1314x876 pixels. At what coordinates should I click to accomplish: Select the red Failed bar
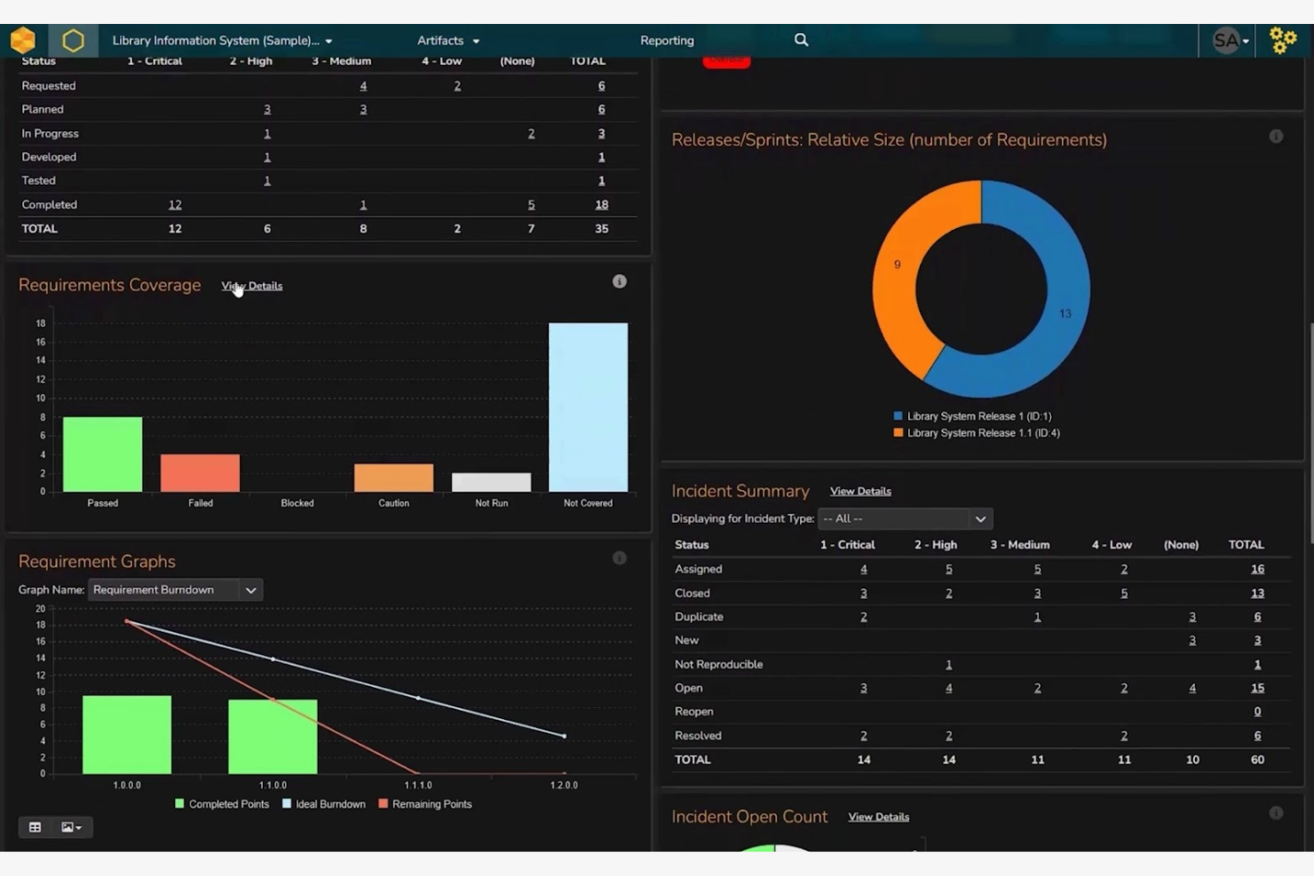point(200,472)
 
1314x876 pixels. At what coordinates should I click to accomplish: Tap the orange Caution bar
point(393,477)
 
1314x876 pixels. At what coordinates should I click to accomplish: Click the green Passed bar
point(102,454)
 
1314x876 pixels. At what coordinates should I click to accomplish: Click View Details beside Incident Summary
point(860,492)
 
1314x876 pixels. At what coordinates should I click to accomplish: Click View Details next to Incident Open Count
point(878,817)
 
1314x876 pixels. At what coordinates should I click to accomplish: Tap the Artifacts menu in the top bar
point(447,41)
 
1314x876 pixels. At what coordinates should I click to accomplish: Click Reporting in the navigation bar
point(667,41)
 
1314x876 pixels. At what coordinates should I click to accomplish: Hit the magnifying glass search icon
point(801,40)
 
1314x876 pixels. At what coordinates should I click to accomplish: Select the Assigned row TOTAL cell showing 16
point(1257,569)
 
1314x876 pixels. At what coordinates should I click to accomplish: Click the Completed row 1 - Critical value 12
point(175,205)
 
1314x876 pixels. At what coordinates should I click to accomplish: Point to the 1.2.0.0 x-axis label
point(564,785)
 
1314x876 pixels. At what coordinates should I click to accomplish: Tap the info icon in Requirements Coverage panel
point(620,281)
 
